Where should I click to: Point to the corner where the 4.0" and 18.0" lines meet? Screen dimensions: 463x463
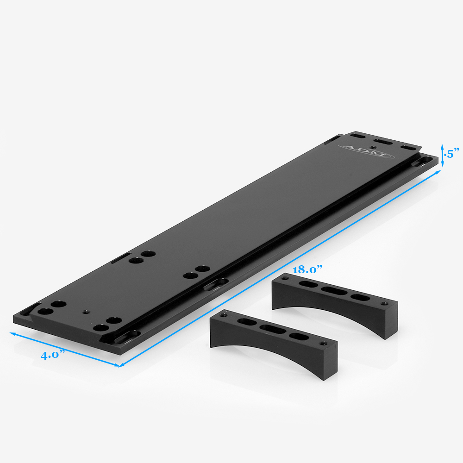120,366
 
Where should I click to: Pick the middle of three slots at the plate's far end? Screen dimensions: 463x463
382,141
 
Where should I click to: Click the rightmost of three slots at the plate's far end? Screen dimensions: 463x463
407,147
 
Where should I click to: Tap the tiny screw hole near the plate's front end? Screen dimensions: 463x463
84,312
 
